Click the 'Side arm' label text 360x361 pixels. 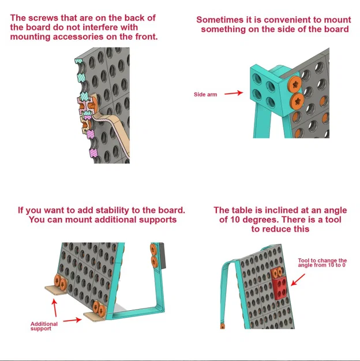(x=205, y=94)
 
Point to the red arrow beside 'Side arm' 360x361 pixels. (x=233, y=93)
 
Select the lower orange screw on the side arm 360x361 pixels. (x=297, y=101)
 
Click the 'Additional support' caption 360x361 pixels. (x=44, y=326)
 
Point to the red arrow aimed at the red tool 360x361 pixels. (x=299, y=281)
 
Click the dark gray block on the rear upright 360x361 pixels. (x=161, y=254)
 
